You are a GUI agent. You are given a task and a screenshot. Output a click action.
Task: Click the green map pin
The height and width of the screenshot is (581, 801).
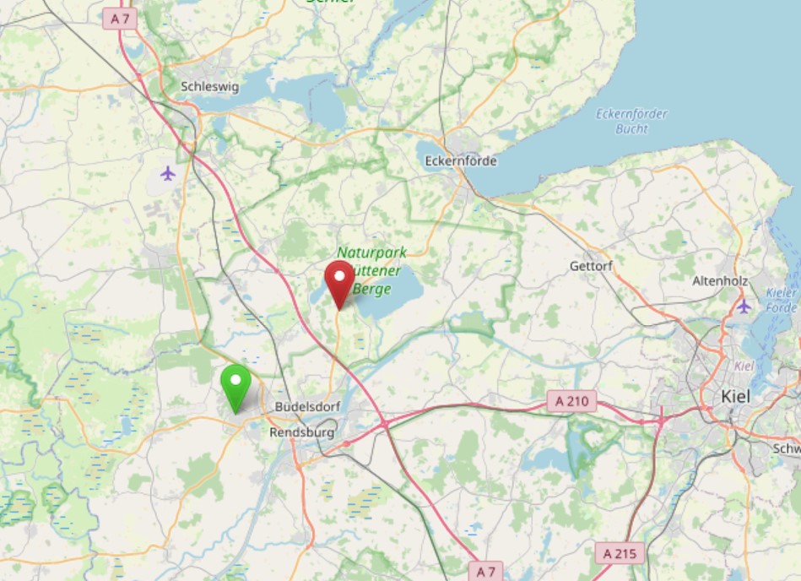[x=235, y=384]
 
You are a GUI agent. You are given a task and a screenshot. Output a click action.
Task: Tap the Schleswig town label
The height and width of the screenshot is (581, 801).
[x=210, y=86]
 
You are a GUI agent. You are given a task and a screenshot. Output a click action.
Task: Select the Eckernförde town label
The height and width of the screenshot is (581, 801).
[x=461, y=160]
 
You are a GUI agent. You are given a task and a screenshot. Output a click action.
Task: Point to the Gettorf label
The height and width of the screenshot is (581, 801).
[x=590, y=266]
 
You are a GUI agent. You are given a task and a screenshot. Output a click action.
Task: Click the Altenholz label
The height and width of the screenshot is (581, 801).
[x=718, y=280]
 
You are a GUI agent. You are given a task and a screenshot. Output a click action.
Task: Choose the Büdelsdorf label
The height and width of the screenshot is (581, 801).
[x=308, y=407]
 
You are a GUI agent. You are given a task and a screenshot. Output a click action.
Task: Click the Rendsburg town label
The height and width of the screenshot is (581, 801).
[x=301, y=432]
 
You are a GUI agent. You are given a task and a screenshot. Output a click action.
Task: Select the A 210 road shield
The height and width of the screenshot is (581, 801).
[x=571, y=401]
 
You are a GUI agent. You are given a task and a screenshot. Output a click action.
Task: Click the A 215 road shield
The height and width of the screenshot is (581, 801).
[x=620, y=554]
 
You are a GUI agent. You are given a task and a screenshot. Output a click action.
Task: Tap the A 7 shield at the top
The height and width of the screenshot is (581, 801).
[x=120, y=18]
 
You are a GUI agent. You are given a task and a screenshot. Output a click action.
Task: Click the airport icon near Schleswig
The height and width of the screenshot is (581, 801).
[x=168, y=173]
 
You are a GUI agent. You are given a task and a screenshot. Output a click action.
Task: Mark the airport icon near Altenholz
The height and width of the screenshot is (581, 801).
[x=744, y=306]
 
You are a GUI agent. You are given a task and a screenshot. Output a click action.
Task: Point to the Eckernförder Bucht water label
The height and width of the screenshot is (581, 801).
[x=631, y=122]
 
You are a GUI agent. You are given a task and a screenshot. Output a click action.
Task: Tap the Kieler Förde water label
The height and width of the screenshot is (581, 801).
[x=782, y=301]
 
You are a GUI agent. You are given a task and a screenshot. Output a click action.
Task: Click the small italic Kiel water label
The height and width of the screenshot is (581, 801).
[x=744, y=366]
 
